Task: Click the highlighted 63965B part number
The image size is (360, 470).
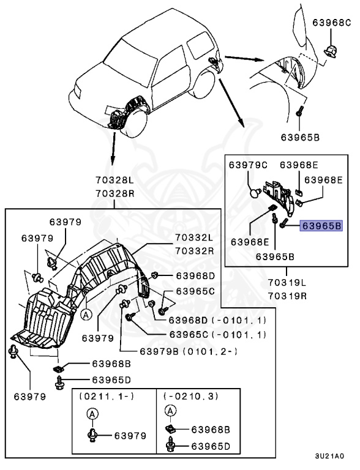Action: (321, 225)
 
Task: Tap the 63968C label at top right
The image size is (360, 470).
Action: (331, 23)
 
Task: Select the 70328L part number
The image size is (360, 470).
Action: (115, 180)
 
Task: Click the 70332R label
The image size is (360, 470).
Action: (195, 250)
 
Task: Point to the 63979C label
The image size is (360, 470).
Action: (248, 165)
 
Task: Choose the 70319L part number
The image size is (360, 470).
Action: (287, 282)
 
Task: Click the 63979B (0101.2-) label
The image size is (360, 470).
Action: (189, 351)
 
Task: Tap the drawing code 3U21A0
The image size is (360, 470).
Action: (329, 456)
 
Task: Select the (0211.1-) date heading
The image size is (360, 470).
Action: (107, 397)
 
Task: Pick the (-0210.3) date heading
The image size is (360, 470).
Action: (191, 397)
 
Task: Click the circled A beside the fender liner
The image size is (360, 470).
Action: (86, 315)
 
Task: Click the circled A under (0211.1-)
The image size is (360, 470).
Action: (92, 414)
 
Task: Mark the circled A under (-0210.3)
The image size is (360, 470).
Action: (170, 411)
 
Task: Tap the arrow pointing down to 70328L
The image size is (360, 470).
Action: (113, 148)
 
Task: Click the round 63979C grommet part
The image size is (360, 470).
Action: (255, 192)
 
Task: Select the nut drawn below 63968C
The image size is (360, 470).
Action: (330, 51)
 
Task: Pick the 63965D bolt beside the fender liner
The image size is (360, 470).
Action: (59, 382)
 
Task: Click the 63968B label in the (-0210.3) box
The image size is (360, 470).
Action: (211, 430)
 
